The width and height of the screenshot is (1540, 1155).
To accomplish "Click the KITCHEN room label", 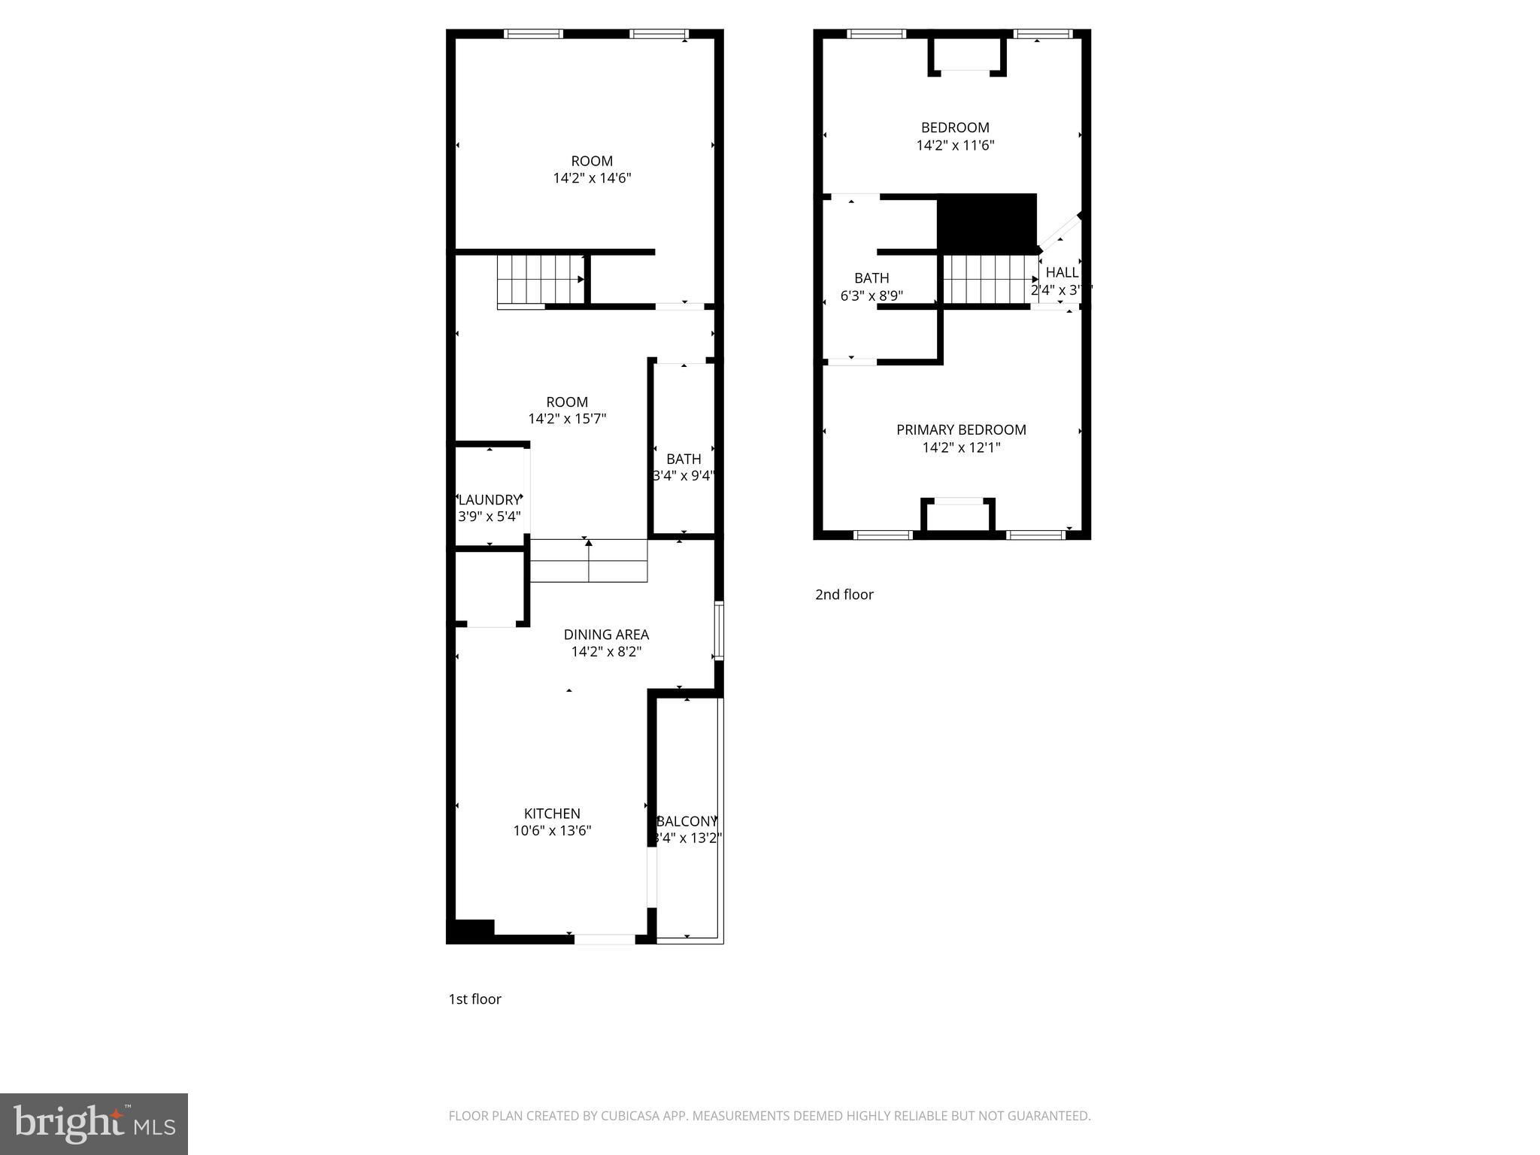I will point(552,814).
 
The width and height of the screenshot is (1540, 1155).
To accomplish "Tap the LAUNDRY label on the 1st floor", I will point(489,500).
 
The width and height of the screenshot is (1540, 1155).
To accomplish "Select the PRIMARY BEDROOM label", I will point(961,430).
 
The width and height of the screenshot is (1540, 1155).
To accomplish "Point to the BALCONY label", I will point(687,822).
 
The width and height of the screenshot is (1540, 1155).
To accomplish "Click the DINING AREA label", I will point(606,635).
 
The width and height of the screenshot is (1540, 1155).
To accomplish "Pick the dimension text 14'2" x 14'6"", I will point(592,179).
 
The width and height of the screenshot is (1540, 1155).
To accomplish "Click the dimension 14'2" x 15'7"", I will point(567,419).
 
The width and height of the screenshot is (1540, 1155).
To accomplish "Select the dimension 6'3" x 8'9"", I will point(872,296).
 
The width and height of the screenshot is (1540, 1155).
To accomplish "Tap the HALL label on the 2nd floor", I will point(1062,273).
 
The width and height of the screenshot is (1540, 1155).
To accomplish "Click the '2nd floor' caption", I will point(844,595).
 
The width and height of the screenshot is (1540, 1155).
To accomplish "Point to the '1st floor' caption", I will point(474,999).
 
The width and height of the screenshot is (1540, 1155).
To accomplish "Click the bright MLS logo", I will point(94,1123).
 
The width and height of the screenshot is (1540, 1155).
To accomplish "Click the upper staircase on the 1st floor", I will point(541,279).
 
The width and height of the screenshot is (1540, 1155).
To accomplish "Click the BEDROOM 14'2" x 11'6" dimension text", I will point(955,146).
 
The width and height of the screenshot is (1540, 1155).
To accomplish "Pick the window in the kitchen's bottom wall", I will point(605,938).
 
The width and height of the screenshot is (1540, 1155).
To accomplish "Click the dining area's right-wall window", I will point(719,631).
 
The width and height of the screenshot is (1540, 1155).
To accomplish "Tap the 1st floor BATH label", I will point(684,459).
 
